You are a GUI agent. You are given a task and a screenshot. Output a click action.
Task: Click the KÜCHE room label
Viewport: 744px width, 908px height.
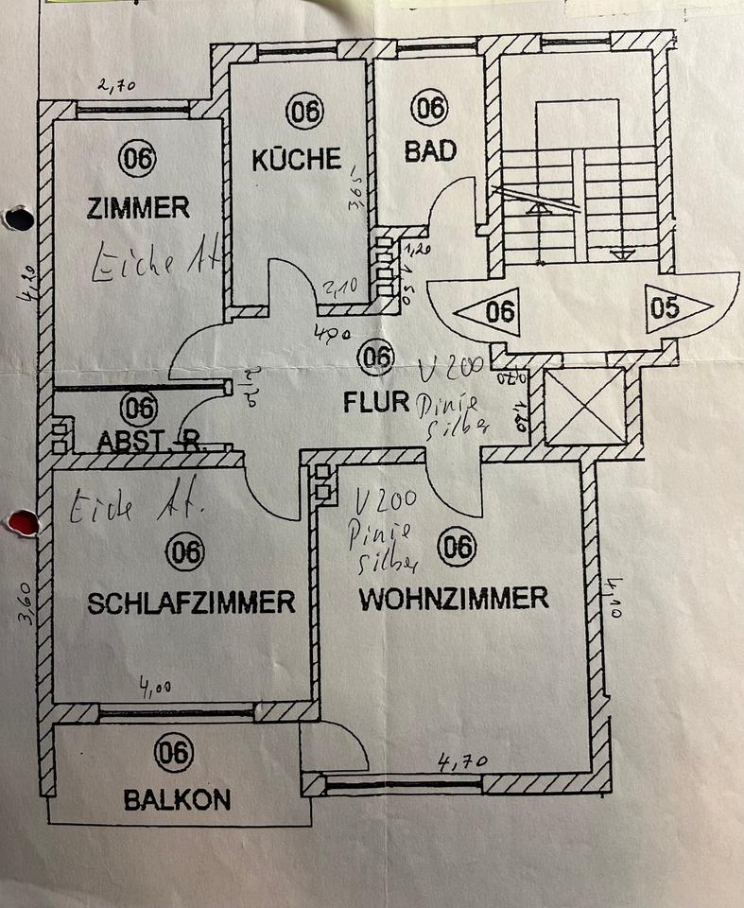tap(296, 159)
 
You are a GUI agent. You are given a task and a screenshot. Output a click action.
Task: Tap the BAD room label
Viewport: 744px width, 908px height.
tap(430, 150)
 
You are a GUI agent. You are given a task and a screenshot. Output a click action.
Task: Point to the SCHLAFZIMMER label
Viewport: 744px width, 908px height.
tap(191, 602)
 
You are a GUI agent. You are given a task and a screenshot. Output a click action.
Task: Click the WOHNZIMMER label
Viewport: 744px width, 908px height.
tap(454, 598)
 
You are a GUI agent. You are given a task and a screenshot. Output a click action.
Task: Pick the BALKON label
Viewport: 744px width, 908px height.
tap(177, 800)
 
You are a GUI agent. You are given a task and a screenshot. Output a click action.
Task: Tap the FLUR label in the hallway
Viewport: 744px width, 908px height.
tap(375, 402)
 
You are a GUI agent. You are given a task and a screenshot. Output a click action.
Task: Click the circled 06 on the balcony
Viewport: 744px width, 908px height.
tap(175, 754)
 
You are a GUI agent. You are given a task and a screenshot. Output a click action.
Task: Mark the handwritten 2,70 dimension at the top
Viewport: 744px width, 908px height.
tap(117, 86)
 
